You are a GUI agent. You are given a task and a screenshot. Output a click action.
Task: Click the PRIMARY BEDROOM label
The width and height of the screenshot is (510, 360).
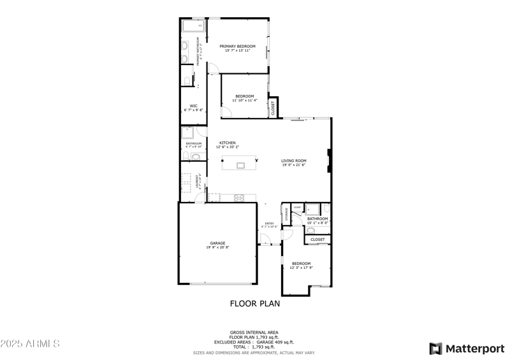pyautogui.click(x=237, y=46)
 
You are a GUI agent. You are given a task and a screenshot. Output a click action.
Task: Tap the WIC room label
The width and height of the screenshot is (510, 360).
pyautogui.click(x=193, y=106)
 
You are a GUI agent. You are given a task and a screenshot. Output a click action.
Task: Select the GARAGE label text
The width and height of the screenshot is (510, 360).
pyautogui.click(x=218, y=243)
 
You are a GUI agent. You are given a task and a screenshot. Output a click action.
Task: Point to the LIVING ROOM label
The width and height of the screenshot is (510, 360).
pyautogui.click(x=294, y=161)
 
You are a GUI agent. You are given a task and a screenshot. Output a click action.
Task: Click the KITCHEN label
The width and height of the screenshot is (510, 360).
pyautogui.click(x=228, y=143)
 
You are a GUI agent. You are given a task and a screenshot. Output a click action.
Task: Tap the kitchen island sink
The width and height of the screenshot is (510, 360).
pyautogui.click(x=240, y=166)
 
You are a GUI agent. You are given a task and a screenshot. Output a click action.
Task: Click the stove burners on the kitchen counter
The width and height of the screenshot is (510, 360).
pyautogui.click(x=240, y=198)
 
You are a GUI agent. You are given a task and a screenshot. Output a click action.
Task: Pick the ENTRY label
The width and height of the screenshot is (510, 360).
pyautogui.click(x=269, y=223)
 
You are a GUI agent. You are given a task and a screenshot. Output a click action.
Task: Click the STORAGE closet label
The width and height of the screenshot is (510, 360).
pyautogui.click(x=287, y=215)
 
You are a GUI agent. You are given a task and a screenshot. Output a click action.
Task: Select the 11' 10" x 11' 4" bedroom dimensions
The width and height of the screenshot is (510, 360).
pyautogui.click(x=244, y=100)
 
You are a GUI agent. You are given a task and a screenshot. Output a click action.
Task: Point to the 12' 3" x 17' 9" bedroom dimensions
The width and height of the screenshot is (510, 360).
pyautogui.click(x=301, y=268)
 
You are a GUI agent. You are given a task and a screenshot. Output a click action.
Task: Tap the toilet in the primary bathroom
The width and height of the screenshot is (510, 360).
pyautogui.click(x=187, y=78)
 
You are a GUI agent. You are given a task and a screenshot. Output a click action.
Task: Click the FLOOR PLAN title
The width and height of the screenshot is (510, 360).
pyautogui.click(x=254, y=304)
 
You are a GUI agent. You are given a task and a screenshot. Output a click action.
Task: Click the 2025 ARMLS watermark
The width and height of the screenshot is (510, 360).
pyautogui.click(x=30, y=344)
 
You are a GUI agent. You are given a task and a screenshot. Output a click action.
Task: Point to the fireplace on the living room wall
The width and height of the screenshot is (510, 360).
pyautogui.click(x=329, y=161)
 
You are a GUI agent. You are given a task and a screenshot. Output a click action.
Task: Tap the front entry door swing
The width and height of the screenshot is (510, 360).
pyautogui.click(x=264, y=240)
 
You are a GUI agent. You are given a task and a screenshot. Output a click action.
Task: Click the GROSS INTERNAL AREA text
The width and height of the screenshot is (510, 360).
pyautogui.click(x=254, y=332)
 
